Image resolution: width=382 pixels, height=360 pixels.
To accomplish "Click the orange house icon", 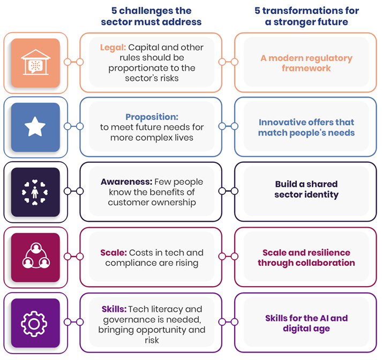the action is (x=35, y=62).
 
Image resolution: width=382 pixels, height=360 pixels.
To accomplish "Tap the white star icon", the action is (x=35, y=126).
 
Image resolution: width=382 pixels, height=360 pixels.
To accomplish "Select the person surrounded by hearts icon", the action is (x=35, y=192).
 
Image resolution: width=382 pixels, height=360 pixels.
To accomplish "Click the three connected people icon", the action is (x=36, y=256).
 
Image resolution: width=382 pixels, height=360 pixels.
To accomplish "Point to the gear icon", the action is (x=34, y=324).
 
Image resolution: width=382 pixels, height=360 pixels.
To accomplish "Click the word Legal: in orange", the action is (x=113, y=47).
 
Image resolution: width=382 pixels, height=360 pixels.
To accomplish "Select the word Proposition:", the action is (x=152, y=117).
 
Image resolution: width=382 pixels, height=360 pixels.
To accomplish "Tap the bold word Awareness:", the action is (x=126, y=182).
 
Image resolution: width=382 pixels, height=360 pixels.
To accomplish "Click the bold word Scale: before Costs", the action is (x=114, y=252).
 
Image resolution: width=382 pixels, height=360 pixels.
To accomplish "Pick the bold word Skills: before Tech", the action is (x=114, y=309).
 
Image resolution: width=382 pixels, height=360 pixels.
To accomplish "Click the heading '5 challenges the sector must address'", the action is (x=151, y=16).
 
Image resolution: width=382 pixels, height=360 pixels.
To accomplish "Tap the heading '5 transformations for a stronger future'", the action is (x=306, y=16).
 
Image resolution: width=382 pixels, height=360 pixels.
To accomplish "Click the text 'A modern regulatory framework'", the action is (x=306, y=63).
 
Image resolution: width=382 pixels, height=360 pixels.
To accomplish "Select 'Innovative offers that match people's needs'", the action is (x=306, y=127).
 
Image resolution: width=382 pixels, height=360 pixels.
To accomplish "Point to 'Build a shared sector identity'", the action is (x=306, y=189).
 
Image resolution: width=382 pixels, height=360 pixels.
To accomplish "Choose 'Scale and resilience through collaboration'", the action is (x=306, y=258).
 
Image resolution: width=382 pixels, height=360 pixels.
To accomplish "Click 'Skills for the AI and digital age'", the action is (x=306, y=323).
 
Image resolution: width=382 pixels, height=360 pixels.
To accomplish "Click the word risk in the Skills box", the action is (x=152, y=340).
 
